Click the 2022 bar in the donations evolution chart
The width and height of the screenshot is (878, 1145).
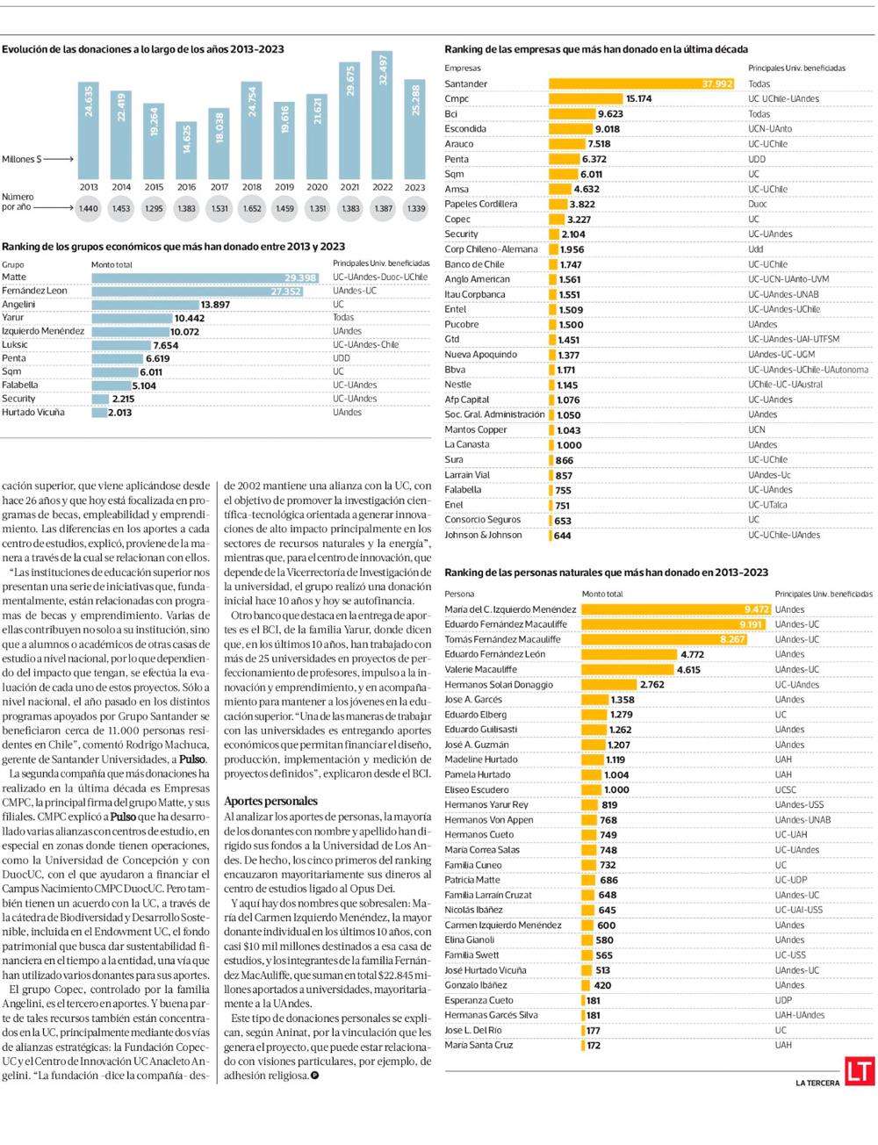point(382,114)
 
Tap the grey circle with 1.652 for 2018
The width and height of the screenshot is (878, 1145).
point(252,209)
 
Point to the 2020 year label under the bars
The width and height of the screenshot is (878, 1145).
point(317,187)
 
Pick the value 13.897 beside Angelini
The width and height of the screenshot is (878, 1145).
point(215,305)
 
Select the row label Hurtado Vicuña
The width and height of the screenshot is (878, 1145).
point(33,412)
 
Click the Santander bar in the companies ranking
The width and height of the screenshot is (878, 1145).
point(641,83)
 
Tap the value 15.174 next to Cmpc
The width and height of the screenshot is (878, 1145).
point(638,99)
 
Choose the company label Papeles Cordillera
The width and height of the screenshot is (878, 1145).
point(480,204)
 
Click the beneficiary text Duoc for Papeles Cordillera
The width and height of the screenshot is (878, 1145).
point(757,204)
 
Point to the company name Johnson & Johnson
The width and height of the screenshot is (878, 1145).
point(483,535)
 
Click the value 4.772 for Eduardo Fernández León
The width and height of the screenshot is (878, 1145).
point(692,654)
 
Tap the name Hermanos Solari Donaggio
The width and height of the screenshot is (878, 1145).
point(499,685)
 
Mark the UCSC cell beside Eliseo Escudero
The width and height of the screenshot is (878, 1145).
point(785,789)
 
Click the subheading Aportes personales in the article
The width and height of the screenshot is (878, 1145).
point(270,801)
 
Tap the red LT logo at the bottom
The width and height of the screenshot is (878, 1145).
point(859,1071)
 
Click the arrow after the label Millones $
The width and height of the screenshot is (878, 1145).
point(59,159)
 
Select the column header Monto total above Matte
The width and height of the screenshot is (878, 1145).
point(112,264)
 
